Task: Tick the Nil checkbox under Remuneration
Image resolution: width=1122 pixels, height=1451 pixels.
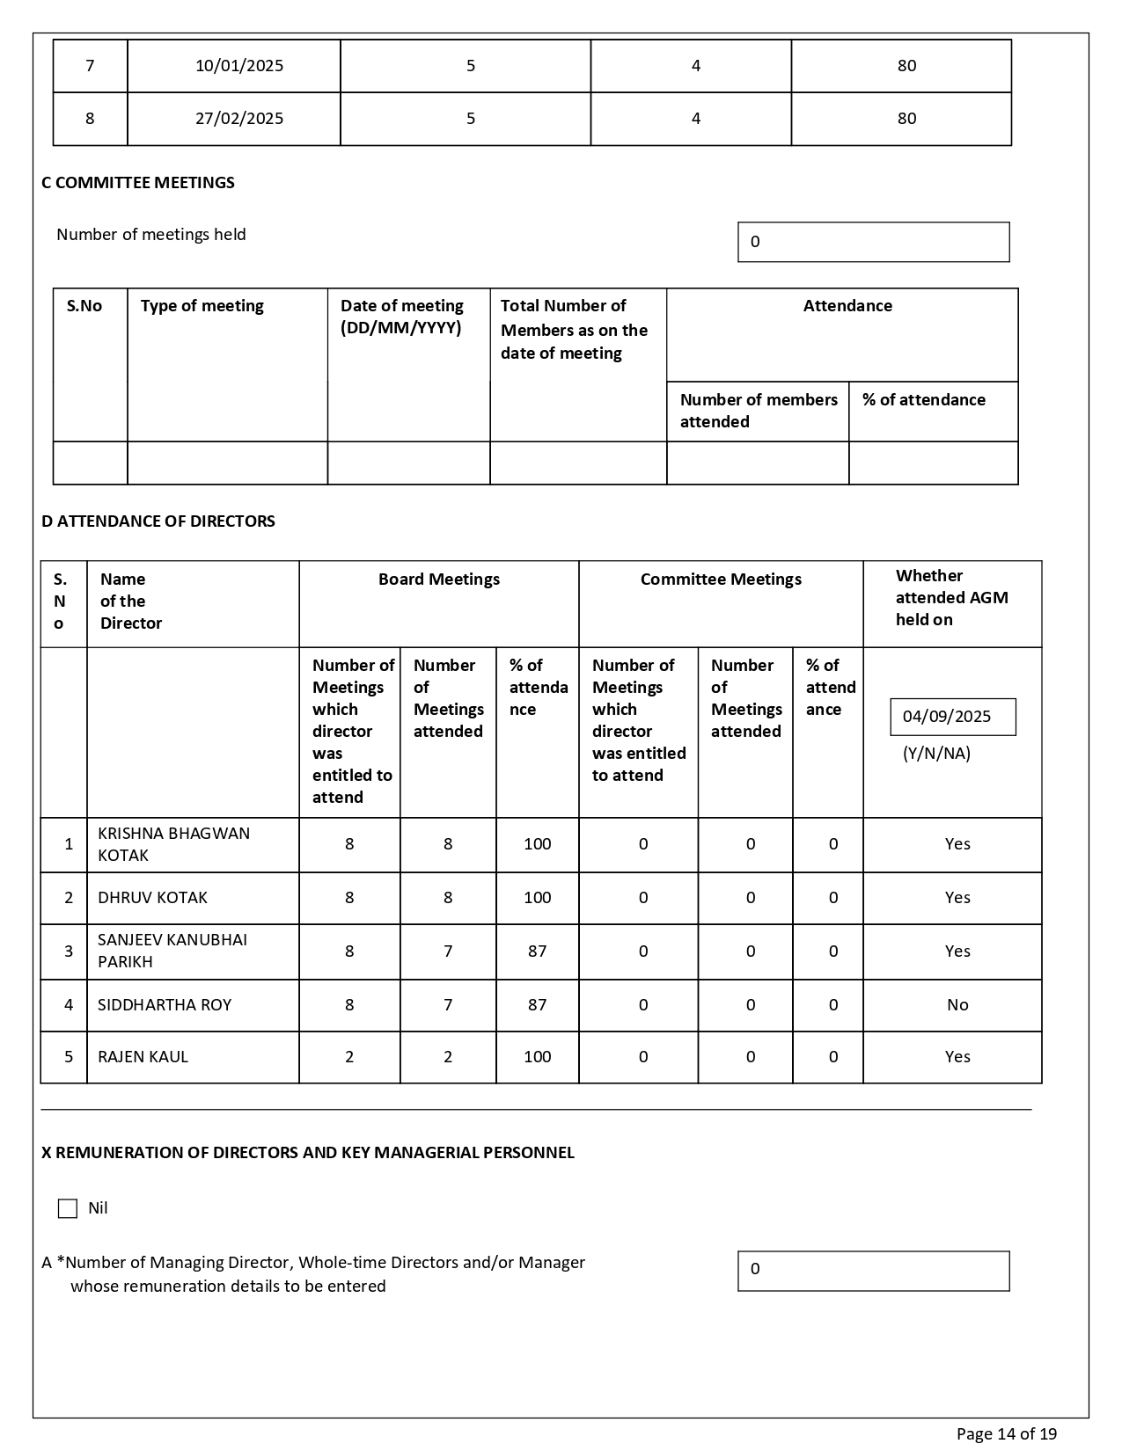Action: coord(68,1208)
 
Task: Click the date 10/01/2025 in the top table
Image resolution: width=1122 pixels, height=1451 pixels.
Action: coord(239,66)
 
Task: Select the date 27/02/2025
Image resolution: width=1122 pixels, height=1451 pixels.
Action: coord(239,119)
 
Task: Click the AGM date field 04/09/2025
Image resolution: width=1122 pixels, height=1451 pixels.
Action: coord(952,717)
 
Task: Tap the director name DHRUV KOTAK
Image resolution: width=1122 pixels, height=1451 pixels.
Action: coord(152,898)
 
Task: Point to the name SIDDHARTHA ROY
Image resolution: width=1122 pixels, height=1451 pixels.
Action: coord(165,1005)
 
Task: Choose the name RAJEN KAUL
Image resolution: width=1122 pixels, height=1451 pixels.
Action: coord(143,1057)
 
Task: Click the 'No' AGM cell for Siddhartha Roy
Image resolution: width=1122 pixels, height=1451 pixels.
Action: coord(957,1005)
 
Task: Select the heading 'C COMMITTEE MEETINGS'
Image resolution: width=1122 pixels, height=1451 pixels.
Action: coord(138,183)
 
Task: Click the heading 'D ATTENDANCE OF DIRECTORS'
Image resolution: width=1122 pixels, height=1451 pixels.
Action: coord(158,521)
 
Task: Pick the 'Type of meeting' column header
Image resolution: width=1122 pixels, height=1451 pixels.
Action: coord(202,306)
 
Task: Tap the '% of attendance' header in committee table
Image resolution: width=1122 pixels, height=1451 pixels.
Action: coord(924,400)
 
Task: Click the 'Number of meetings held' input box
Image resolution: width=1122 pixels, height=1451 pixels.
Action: coord(873,242)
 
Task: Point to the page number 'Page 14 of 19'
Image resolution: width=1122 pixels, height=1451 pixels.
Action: coord(1007,1434)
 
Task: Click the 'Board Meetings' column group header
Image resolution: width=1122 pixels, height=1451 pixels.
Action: coord(439,580)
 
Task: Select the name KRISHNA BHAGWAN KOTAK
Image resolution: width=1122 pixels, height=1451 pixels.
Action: coord(173,844)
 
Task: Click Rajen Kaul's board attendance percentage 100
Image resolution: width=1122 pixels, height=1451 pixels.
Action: coord(537,1057)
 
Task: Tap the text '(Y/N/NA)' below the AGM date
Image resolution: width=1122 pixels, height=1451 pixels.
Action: coord(936,754)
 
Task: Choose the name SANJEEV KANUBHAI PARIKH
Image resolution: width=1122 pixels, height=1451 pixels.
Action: coord(172,951)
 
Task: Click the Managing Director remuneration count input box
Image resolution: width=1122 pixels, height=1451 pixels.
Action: coord(873,1271)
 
